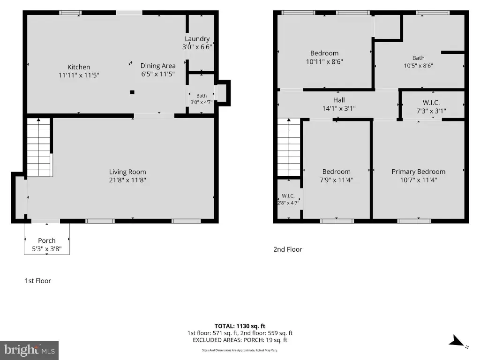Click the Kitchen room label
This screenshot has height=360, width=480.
click(x=79, y=67)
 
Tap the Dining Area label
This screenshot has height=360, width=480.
click(x=158, y=66)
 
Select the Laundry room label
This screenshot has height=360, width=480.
click(x=197, y=39)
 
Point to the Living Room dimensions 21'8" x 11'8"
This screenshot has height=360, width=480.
click(x=127, y=180)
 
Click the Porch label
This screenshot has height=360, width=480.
click(x=47, y=240)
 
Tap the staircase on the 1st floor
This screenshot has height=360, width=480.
click(x=38, y=147)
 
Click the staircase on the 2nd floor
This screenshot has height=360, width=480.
click(x=289, y=147)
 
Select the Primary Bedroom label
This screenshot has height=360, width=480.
click(x=419, y=172)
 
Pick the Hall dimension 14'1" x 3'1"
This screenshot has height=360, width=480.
click(x=339, y=108)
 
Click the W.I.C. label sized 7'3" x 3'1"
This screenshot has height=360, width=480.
click(x=431, y=103)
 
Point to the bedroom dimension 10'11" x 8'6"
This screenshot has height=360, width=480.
click(x=324, y=61)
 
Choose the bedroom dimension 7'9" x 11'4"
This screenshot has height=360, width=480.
click(x=336, y=180)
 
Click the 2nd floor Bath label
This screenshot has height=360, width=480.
click(x=418, y=58)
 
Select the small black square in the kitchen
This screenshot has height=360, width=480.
click(x=132, y=92)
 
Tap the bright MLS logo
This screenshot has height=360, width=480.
click(x=30, y=350)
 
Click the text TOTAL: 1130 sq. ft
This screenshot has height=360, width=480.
click(x=240, y=326)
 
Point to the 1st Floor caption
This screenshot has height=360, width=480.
click(x=37, y=281)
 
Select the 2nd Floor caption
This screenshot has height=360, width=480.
click(x=287, y=249)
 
